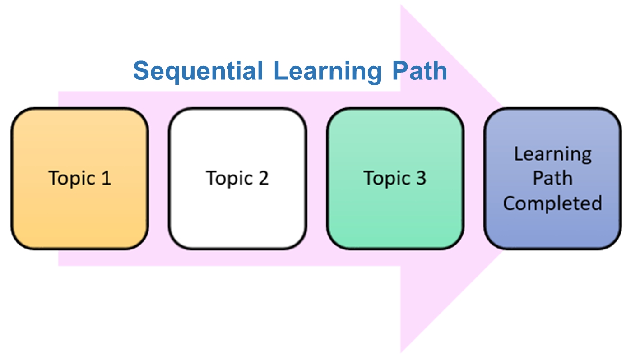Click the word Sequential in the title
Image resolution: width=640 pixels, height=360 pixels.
198,71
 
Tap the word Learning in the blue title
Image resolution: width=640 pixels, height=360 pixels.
327,71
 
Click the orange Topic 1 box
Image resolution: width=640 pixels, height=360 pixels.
80,179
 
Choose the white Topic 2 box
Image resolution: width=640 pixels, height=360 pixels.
237,179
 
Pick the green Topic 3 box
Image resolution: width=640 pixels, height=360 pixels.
395,179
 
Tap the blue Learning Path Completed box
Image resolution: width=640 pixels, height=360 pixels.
552,179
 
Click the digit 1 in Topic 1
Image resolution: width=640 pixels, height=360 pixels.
106,178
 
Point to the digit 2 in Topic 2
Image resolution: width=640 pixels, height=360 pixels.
264,178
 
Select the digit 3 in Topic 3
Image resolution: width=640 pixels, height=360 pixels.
421,178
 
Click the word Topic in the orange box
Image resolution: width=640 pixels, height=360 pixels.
72,179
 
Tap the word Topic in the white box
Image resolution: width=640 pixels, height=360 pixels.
229,179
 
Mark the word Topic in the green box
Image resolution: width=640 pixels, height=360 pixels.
387,179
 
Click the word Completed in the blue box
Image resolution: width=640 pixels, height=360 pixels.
552,204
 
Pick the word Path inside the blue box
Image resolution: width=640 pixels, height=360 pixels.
552,178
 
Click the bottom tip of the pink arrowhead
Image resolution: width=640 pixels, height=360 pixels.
401,353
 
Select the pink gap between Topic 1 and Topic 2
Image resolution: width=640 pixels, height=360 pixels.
158,179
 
